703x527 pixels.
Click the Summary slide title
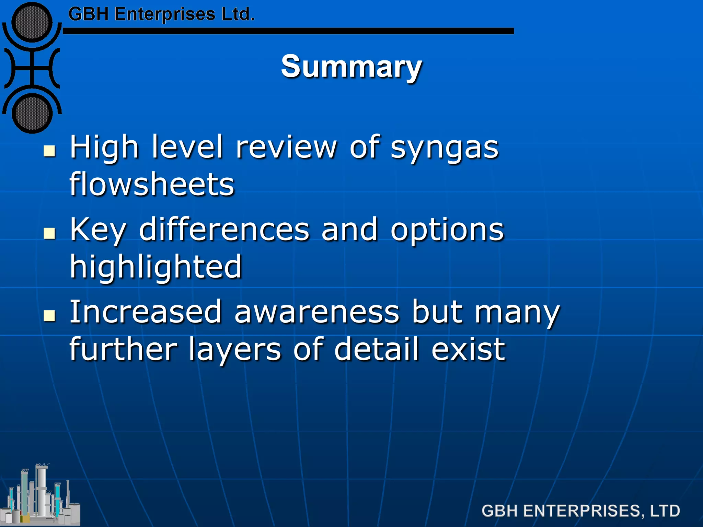click(351, 67)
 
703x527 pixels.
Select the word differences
click(224, 230)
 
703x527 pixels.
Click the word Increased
click(146, 312)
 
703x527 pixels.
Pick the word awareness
click(317, 312)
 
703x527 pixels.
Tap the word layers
click(235, 350)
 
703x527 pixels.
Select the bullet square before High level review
click(50, 151)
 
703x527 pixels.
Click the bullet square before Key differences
click(50, 233)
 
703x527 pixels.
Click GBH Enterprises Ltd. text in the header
click(161, 14)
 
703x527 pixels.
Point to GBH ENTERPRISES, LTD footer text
click(580, 511)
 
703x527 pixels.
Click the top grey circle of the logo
click(32, 22)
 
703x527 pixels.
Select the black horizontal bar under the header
click(288, 31)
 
